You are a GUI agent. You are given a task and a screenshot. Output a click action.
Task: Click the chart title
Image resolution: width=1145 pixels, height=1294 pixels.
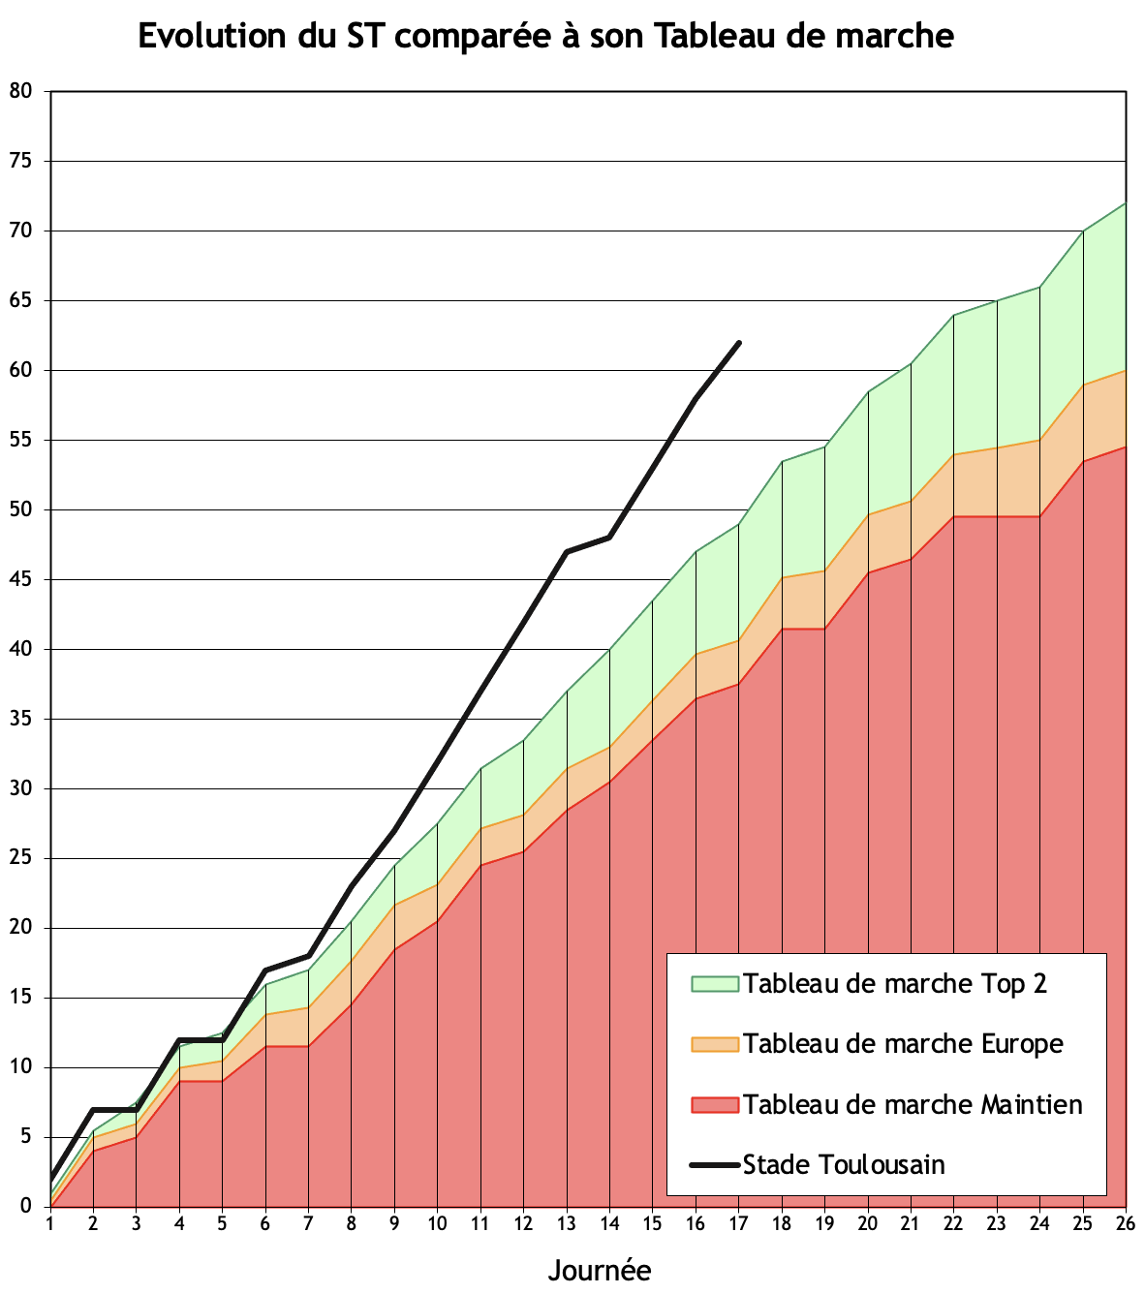click(545, 36)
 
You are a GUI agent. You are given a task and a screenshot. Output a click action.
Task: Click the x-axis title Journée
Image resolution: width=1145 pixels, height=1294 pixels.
click(599, 1270)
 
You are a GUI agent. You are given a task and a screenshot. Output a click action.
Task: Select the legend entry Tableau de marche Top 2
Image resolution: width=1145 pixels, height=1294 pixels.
click(894, 984)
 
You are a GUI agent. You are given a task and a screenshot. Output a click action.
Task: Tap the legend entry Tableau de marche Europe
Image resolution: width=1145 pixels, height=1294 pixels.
click(902, 1044)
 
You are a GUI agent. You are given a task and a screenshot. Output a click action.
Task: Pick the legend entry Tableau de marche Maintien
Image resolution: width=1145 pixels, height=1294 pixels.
click(912, 1105)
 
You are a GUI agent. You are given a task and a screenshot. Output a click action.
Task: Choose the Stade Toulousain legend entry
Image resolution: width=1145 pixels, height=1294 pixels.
click(843, 1164)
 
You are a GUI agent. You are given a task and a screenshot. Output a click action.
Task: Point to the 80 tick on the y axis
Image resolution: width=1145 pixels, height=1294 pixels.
click(20, 91)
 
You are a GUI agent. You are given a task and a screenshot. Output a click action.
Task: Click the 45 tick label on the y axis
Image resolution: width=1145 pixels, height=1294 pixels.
click(20, 579)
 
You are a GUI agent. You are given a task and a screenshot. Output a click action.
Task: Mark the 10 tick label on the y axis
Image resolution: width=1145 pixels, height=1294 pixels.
click(20, 1067)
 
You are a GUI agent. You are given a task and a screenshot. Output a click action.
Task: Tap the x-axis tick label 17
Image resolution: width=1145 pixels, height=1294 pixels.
click(738, 1223)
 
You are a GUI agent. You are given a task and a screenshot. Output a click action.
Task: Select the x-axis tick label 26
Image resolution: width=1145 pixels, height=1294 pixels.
click(1126, 1223)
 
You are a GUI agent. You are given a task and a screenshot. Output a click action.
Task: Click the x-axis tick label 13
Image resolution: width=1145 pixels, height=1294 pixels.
click(566, 1223)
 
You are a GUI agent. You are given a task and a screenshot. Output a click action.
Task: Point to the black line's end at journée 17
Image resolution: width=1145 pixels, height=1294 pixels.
click(739, 342)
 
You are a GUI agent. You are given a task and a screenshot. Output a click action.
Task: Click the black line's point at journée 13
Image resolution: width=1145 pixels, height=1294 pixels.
click(567, 551)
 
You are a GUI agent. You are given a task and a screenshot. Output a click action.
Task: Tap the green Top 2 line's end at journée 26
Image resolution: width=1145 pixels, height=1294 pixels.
click(1126, 202)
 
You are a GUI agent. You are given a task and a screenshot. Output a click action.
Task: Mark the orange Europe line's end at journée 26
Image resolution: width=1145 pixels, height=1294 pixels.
click(1126, 370)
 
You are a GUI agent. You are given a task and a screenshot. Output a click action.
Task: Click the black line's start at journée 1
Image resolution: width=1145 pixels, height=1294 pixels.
click(50, 1179)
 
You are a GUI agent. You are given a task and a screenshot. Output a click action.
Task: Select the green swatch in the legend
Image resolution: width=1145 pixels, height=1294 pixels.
click(715, 984)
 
